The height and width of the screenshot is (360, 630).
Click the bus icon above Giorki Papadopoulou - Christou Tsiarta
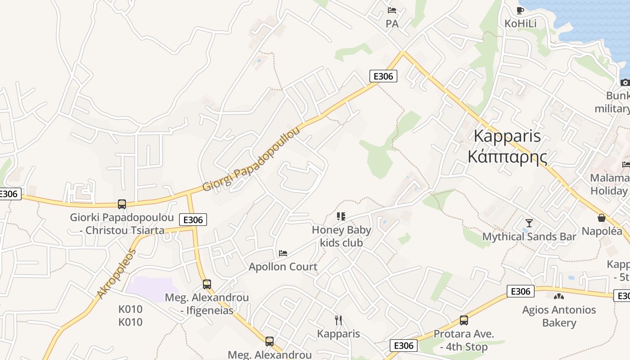pos(121,204)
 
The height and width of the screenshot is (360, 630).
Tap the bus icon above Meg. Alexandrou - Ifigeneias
pos(207,284)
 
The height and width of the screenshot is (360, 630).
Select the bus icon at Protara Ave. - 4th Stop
pos(463,320)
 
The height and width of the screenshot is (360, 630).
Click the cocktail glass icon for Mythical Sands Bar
pos(529,223)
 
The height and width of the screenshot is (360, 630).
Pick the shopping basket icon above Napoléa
pos(602,218)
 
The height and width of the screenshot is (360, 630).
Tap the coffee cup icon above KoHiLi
pos(520,10)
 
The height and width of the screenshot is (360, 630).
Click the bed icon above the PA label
pos(392,10)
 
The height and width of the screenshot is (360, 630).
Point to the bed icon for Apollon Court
pos(283,253)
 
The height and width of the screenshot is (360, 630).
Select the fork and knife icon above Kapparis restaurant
pos(338,320)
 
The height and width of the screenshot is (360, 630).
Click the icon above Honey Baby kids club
pos(341,216)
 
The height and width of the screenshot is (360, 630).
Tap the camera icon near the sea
pos(625,82)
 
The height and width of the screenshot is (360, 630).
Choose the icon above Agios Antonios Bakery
pos(558,297)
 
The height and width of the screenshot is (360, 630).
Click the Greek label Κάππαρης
pos(508,157)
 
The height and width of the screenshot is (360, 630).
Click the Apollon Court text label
pos(283,267)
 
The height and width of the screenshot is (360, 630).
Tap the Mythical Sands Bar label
pos(529,237)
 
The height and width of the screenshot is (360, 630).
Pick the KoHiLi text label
pos(521,23)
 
